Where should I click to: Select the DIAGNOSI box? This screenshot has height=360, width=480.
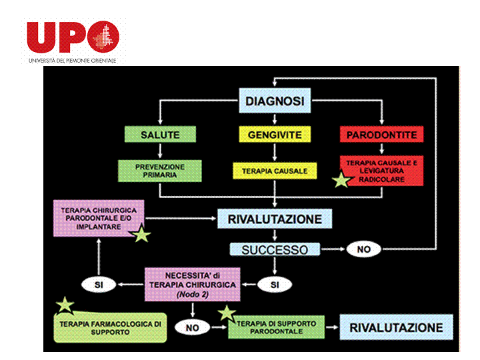click(275, 101)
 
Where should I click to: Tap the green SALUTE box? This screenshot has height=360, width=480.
click(160, 135)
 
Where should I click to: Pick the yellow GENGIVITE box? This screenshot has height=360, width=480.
click(275, 135)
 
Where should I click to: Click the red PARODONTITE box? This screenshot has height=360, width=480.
click(381, 135)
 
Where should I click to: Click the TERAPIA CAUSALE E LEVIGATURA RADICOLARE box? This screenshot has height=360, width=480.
click(381, 171)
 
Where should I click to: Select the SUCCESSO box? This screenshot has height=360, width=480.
click(275, 250)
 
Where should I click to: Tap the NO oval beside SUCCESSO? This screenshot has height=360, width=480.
click(363, 250)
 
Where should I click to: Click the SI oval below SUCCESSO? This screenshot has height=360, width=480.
click(275, 284)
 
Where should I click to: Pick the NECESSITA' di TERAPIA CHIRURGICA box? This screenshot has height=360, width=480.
click(192, 284)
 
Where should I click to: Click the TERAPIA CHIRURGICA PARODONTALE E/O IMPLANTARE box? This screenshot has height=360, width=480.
click(100, 218)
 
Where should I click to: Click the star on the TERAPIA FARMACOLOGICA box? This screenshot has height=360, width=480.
click(65, 305)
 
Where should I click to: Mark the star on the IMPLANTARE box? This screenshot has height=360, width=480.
click(142, 234)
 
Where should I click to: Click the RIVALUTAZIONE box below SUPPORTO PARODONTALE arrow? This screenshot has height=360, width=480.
click(396, 327)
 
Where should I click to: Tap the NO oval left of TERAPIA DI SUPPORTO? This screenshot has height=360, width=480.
click(192, 327)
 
